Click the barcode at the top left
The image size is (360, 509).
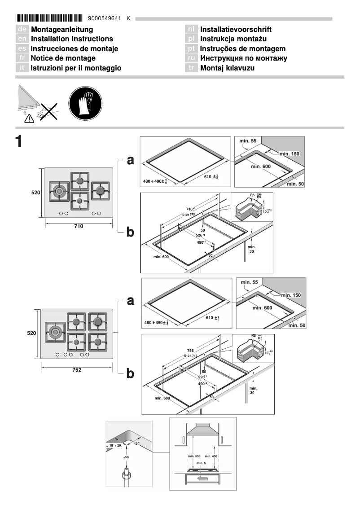[49, 18]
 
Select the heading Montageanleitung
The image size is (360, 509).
[62, 30]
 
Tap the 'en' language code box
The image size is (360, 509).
[22, 39]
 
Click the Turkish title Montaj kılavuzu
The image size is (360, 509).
[227, 68]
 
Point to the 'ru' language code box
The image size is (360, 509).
[192, 58]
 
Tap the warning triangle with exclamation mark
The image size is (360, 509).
[29, 118]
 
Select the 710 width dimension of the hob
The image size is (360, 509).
[79, 226]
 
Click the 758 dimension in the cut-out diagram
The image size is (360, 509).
[191, 351]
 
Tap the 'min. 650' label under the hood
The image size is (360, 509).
[194, 456]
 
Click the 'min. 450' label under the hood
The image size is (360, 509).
[211, 456]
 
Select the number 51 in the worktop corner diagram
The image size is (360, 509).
[137, 443]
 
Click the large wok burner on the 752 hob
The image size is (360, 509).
[56, 332]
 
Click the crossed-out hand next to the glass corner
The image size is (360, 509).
[48, 110]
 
